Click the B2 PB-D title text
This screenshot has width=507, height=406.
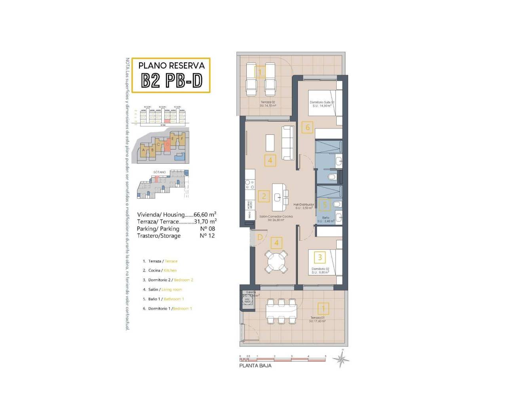click(x=172, y=81)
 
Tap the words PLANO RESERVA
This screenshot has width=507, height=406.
click(x=172, y=65)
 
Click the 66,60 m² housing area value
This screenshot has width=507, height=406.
click(x=205, y=214)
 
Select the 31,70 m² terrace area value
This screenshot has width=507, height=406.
click(x=205, y=222)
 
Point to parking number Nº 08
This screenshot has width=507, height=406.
click(x=207, y=229)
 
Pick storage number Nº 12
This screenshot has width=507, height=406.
click(x=207, y=236)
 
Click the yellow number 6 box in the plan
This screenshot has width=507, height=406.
click(x=307, y=128)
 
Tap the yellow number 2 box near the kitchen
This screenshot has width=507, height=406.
click(x=264, y=196)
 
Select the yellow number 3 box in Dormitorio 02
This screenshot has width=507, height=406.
click(x=320, y=257)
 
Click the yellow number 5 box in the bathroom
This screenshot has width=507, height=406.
click(x=325, y=205)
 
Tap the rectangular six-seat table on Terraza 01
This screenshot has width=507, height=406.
click(x=281, y=311)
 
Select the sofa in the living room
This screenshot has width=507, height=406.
click(x=288, y=143)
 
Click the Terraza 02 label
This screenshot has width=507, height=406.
click(x=267, y=102)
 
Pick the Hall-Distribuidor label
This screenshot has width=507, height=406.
click(x=304, y=205)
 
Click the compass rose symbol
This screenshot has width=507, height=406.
click(x=341, y=360)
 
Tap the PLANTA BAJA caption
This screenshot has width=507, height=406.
click(x=255, y=366)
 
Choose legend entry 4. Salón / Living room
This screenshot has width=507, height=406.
click(x=162, y=289)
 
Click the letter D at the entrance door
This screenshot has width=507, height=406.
click(x=260, y=237)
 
